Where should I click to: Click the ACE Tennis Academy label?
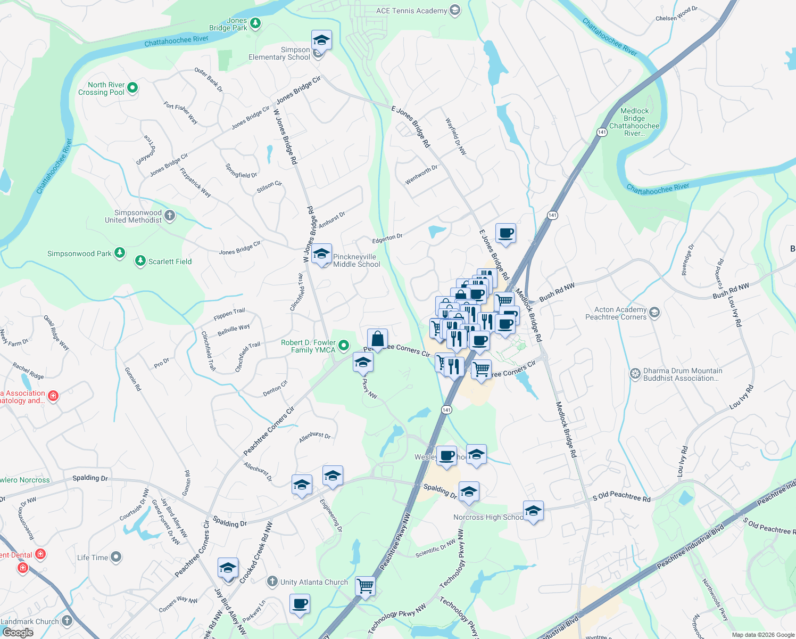[411, 11]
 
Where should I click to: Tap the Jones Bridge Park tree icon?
[255, 23]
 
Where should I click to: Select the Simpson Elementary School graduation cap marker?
[321, 40]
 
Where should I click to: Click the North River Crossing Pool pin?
[132, 88]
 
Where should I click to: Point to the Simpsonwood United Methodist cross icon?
[170, 216]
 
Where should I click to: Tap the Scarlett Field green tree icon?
[140, 261]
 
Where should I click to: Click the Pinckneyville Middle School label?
[355, 260]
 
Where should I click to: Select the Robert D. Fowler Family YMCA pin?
[344, 346]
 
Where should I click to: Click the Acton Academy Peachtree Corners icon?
[654, 313]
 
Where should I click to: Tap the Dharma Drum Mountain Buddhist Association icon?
[635, 374]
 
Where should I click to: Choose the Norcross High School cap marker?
[533, 512]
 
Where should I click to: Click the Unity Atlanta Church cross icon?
[272, 581]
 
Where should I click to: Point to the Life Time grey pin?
[116, 557]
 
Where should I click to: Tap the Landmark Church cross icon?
[67, 621]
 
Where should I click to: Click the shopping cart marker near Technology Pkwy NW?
[365, 586]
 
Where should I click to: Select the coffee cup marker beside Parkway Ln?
[300, 604]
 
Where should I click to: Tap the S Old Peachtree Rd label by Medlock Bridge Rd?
[621, 497]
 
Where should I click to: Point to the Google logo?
[18, 633]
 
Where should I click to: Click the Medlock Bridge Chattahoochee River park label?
[634, 122]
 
